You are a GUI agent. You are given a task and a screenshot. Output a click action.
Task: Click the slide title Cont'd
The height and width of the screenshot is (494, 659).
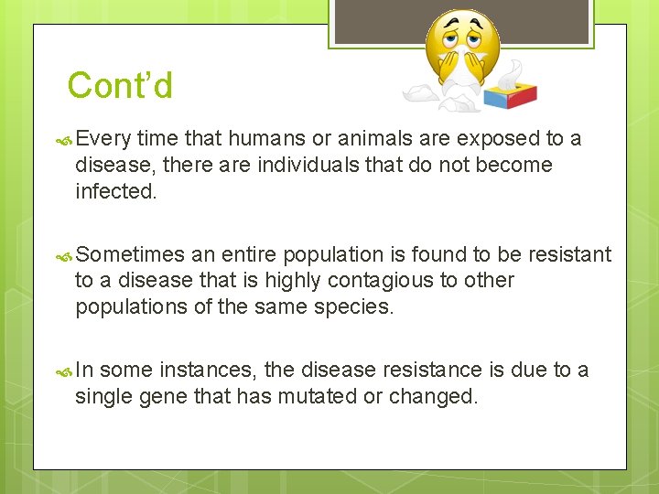click(x=120, y=86)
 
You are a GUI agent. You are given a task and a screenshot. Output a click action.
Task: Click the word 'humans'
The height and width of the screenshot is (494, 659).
click(x=263, y=139)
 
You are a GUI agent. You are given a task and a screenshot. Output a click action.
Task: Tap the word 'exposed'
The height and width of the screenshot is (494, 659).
click(x=497, y=139)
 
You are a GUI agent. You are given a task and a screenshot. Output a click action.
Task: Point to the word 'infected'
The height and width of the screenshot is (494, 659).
click(x=116, y=192)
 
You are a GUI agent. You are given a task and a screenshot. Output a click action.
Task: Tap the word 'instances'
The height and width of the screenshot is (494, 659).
click(x=210, y=370)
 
